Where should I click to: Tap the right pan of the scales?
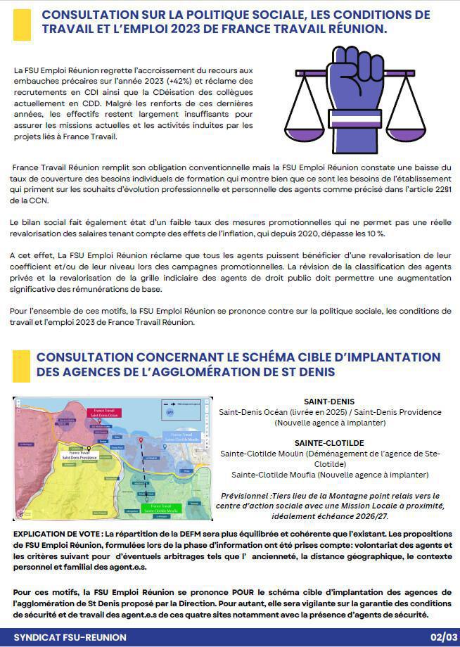(411, 133)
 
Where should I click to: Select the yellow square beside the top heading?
(22, 24)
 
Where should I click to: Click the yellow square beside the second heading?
(21, 364)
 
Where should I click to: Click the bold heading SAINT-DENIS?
(329, 402)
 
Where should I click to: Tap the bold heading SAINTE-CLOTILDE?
(329, 443)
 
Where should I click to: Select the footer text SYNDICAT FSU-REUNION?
(70, 637)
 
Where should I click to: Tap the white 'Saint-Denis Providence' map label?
(79, 456)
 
